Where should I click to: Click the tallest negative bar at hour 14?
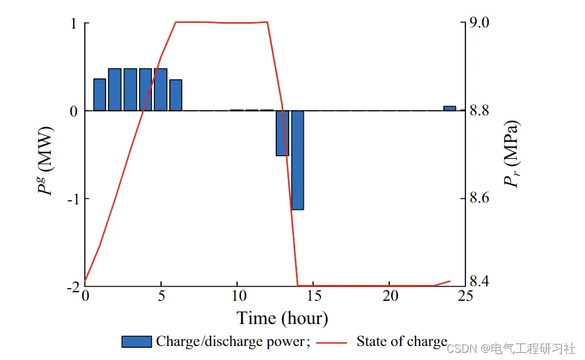[x=297, y=160]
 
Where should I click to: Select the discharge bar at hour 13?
[x=282, y=133]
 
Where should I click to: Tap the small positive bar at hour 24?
[x=450, y=108]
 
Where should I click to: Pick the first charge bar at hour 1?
[x=99, y=95]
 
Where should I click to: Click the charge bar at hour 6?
[x=176, y=95]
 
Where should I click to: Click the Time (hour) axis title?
[x=282, y=318]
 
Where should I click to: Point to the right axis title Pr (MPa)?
[x=511, y=154]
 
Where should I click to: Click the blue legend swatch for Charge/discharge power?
[x=136, y=342]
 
